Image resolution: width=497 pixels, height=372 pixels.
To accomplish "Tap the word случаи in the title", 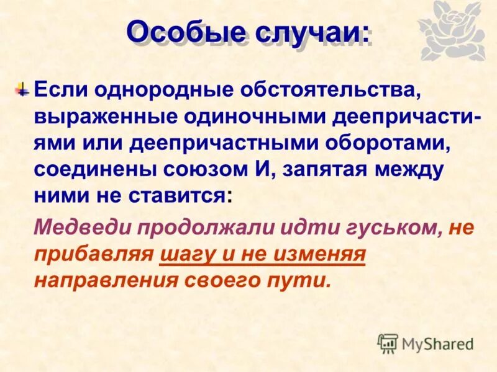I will tap(309, 32).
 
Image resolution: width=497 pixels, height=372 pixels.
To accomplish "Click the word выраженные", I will tap(101, 117).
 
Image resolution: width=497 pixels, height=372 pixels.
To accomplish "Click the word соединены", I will tap(94, 170).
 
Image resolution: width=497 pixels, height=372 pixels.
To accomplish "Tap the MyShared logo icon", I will tap(388, 343).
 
